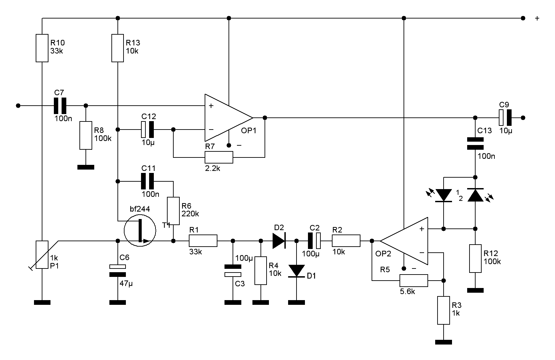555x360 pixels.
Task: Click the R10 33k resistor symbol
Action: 42,48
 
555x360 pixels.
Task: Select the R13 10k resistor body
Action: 117,48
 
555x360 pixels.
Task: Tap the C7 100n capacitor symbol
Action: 60,106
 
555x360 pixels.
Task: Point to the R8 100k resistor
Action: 86,136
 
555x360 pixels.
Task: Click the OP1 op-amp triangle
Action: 229,118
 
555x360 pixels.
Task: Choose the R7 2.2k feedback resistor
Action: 219,157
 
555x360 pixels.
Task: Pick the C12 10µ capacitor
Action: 147,130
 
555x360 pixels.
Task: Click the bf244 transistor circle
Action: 140,230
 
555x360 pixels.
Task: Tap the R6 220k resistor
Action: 173,211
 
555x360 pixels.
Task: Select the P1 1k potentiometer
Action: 42,255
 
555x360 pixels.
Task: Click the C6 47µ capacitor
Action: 118,271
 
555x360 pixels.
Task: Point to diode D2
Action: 279,241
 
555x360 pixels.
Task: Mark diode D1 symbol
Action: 297,271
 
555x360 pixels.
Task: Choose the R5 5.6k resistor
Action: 414,281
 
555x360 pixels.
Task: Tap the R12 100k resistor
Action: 475,258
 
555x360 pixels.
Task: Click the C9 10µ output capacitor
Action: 505,118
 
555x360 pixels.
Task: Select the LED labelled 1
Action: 443,195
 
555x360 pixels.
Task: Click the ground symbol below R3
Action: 444,342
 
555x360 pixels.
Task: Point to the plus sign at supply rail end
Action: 537,18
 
